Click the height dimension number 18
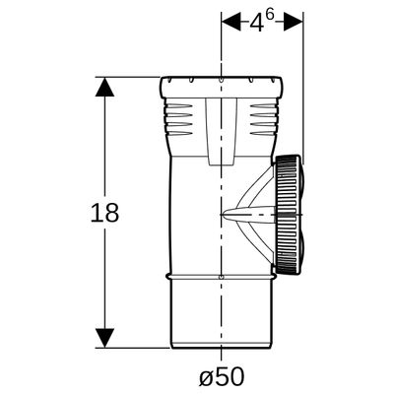coord(104,213)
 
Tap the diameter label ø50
coord(222,376)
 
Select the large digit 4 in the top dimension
coord(256,23)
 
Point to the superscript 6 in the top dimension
coord(269,17)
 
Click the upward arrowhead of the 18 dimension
coord(104,87)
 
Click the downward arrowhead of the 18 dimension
coord(104,338)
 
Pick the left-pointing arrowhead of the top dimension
coord(231,22)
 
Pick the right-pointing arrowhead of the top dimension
coord(293,22)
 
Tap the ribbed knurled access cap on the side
coord(288,215)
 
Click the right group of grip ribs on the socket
coord(264,119)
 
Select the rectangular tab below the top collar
coord(221,131)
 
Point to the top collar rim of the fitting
coord(222,87)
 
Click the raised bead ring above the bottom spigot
coord(221,277)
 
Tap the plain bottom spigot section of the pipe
coord(221,313)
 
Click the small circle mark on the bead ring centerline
coord(222,277)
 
